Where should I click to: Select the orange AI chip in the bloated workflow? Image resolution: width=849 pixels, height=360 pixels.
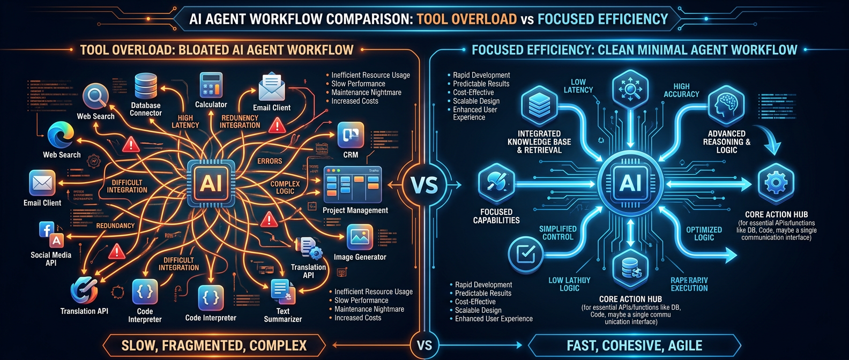211,183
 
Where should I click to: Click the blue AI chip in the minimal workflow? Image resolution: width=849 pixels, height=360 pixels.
630,183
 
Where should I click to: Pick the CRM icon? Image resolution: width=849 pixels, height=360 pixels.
351,135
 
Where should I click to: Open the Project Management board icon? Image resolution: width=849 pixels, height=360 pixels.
352,184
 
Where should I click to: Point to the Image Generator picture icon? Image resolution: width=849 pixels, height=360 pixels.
360,237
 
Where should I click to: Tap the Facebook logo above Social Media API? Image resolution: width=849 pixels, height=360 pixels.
46,230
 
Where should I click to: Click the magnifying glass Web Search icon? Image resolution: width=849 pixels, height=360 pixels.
96,96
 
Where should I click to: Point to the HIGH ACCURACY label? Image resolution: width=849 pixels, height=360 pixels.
681,90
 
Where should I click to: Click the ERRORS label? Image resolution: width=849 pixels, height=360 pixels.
270,161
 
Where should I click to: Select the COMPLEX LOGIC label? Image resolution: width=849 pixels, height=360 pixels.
285,187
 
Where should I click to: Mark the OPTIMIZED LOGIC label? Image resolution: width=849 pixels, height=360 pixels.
704,234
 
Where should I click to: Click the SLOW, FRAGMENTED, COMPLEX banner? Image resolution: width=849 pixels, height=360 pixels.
214,346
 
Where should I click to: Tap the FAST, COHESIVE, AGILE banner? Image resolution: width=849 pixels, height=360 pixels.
635,346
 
